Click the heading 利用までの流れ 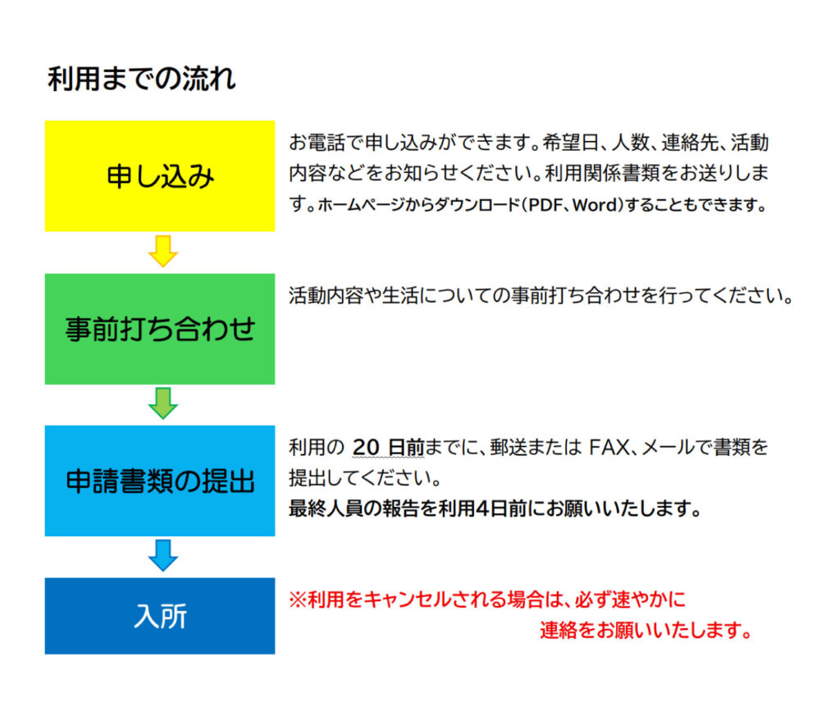pos(141,80)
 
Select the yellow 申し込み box pos(160,175)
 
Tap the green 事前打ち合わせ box pos(160,329)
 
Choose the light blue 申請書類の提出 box pos(160,481)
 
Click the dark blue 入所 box pos(160,616)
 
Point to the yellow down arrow pos(163,251)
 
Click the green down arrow pos(163,403)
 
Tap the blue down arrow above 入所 pos(163,555)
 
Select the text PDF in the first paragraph pos(545,205)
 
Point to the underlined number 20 pos(366,447)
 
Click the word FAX pos(609,447)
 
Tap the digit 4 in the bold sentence pos(482,508)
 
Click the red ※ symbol pos(298,599)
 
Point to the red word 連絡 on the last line pos(559,631)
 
